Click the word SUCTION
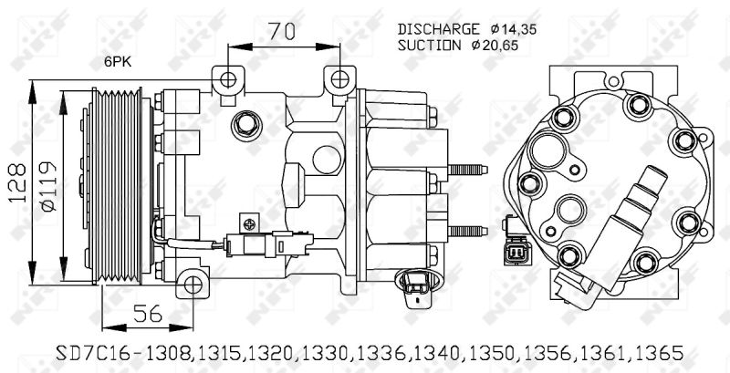pos(430,44)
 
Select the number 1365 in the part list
pos(658,352)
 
